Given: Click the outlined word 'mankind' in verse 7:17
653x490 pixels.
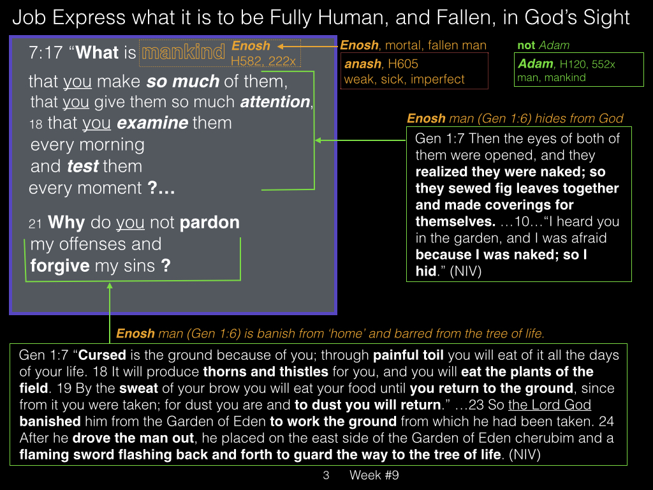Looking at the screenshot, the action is point(183,52).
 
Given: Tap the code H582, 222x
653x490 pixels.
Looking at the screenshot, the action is point(263,61).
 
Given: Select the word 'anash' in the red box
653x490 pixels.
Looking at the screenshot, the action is point(363,64).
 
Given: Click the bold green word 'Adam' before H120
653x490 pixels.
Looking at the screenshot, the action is point(536,64).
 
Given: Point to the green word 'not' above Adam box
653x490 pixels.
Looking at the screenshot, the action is point(526,45).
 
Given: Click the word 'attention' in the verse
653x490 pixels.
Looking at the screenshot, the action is point(275,102).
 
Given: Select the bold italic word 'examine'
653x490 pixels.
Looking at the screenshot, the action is point(152,123).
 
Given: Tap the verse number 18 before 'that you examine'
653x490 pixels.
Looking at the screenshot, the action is point(36,124).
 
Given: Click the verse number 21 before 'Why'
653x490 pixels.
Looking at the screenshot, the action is point(36,224).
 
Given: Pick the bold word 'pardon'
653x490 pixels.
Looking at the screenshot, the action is point(209,223).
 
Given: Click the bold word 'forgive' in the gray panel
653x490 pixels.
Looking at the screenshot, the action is point(60,266).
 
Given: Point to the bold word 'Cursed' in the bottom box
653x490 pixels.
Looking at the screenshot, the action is point(102,355).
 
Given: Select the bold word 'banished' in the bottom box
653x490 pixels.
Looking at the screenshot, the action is point(50,421).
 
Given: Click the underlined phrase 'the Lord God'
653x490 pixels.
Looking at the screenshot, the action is point(550,405).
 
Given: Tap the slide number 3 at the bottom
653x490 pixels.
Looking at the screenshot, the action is point(326,475).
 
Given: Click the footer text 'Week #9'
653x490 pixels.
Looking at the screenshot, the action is point(374,475).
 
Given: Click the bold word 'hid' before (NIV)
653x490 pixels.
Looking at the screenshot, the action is point(425,271).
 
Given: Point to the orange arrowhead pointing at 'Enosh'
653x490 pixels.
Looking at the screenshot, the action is point(281,46).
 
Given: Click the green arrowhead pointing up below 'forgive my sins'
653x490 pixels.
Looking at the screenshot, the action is point(110,286).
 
